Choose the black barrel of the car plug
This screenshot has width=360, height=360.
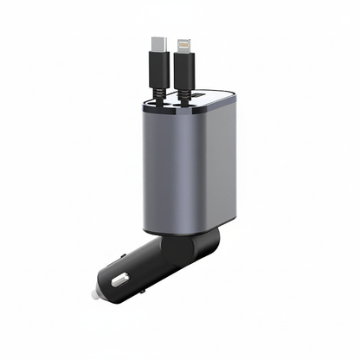143,268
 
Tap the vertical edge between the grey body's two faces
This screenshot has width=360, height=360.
209,164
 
